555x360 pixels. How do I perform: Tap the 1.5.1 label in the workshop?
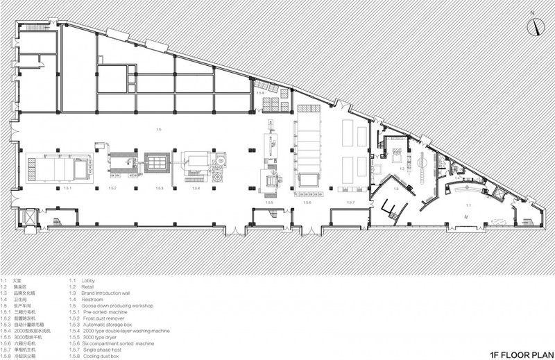coord(68,189)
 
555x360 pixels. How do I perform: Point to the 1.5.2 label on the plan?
coord(112,189)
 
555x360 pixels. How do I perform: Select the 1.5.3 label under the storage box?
coord(159,189)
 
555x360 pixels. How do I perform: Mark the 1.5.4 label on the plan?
coord(196,189)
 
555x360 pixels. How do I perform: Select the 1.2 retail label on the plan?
coord(401,169)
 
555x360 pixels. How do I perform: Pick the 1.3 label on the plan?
coord(395,189)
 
